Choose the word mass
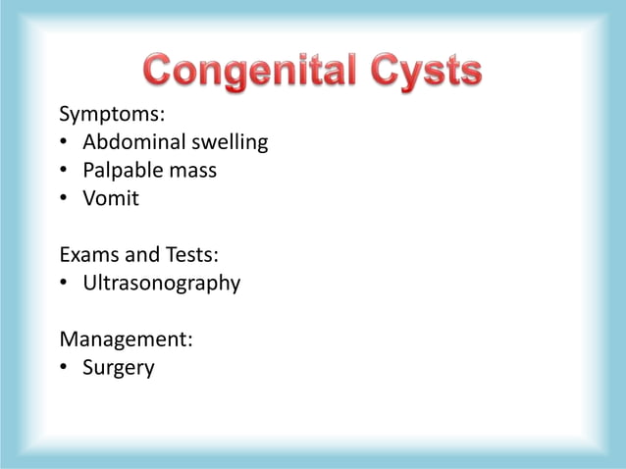pyautogui.click(x=192, y=171)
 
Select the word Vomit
pyautogui.click(x=111, y=198)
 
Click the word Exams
pyautogui.click(x=89, y=255)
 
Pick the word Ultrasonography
pyautogui.click(x=161, y=284)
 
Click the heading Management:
pyautogui.click(x=126, y=340)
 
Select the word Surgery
pyautogui.click(x=118, y=369)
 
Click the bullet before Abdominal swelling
pyautogui.click(x=64, y=143)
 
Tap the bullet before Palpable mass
pyautogui.click(x=64, y=171)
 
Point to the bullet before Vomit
pyautogui.click(x=64, y=199)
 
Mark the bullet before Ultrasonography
pyautogui.click(x=64, y=284)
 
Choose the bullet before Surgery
pyautogui.click(x=64, y=369)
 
